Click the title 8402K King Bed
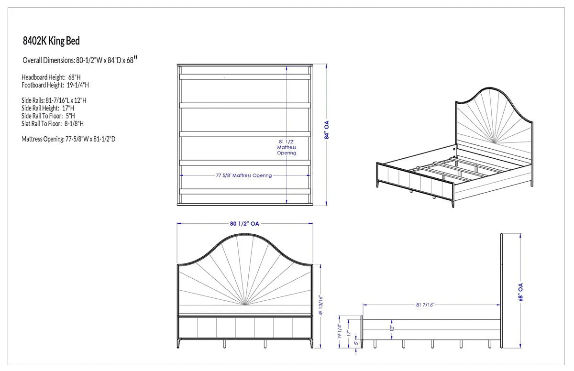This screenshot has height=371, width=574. point(51,41)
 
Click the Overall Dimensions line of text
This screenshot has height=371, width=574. point(80,60)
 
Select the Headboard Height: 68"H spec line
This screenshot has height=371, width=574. point(51,77)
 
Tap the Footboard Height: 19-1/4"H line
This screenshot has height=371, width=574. point(55,85)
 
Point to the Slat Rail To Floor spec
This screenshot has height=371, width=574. point(53,124)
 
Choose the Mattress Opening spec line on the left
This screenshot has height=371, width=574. point(68,139)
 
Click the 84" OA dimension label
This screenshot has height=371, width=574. point(326,130)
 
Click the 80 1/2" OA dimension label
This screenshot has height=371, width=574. point(244,224)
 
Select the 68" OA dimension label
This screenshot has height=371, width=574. point(520,292)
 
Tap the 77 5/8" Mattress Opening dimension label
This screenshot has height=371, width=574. point(243,175)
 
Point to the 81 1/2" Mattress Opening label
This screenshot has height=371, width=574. point(287,147)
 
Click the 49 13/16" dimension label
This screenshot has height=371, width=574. point(320,305)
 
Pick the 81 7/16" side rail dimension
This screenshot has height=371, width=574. point(425,305)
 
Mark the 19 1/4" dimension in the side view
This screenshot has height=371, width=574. point(340,331)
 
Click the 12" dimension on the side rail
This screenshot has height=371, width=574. point(392,328)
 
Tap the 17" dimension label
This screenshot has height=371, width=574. point(349,333)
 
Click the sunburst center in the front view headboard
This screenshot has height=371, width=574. point(245,304)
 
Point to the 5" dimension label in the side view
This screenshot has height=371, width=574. point(356,343)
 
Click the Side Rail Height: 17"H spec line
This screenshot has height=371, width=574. point(48,108)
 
